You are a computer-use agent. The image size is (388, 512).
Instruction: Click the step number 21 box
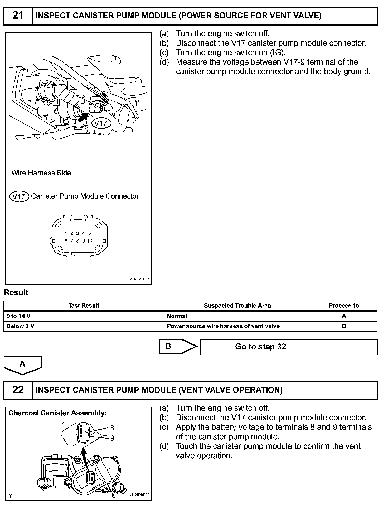point(18,16)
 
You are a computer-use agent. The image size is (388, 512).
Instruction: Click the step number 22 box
point(18,390)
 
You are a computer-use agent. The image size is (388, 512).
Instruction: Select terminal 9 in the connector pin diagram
point(83,241)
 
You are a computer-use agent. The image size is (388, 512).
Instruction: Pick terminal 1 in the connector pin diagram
point(66,233)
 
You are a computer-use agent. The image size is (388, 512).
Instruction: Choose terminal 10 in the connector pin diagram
point(90,241)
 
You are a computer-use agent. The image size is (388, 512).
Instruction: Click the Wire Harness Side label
point(41,173)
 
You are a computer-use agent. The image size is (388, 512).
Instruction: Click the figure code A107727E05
point(139,279)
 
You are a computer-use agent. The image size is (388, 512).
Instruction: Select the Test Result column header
point(84,306)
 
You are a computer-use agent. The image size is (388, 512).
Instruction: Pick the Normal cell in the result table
point(177,316)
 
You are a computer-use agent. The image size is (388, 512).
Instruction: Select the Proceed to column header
point(344,306)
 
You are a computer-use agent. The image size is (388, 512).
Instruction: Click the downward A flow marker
point(22,365)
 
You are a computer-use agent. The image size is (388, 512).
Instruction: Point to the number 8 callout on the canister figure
point(112,428)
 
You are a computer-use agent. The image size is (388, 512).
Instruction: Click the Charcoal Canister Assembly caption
point(57,413)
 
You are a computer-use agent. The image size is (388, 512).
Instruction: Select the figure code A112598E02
point(139,495)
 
